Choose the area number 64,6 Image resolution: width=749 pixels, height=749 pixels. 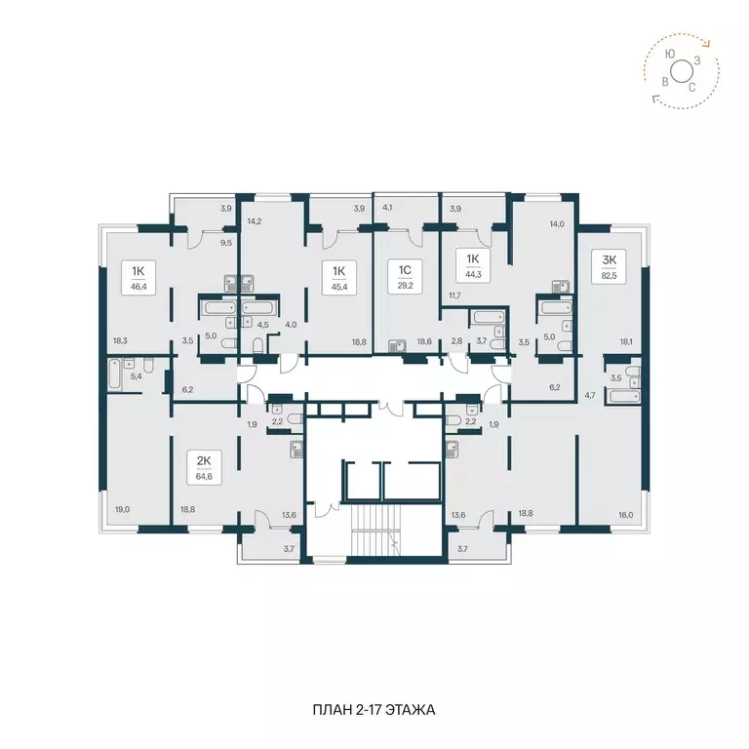click(x=203, y=477)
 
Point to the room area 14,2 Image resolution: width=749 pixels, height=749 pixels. click(x=256, y=222)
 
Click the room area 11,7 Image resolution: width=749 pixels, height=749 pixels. click(x=453, y=296)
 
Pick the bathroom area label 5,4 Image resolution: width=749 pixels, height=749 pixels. click(x=136, y=374)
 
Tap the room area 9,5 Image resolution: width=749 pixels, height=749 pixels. click(x=226, y=243)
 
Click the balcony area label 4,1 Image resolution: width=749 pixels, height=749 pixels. click(x=387, y=207)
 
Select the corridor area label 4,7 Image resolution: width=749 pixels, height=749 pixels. click(x=589, y=397)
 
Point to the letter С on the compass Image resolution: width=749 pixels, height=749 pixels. click(x=692, y=87)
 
